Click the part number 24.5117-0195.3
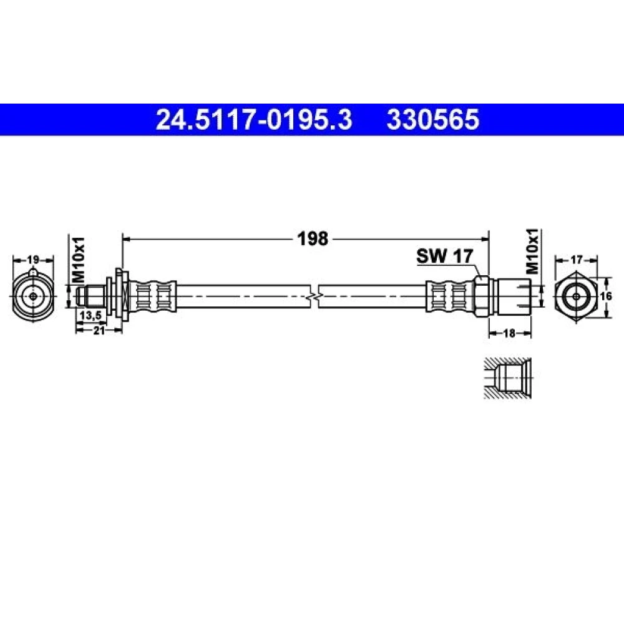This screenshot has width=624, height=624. point(254,120)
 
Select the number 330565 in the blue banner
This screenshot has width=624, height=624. point(432,120)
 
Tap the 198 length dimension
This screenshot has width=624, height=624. point(313,239)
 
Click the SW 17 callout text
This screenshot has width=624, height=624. point(444,256)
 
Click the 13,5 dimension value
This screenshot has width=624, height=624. point(91,315)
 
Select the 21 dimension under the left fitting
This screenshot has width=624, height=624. point(99,330)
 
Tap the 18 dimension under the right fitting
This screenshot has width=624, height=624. point(509,333)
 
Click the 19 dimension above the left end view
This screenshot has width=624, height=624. point(33,260)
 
